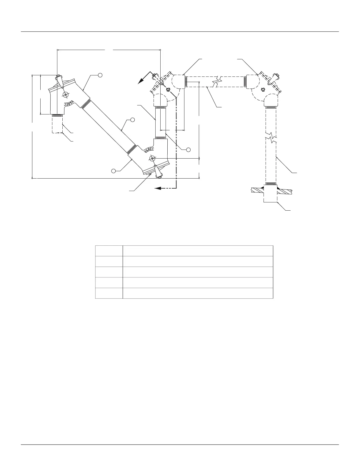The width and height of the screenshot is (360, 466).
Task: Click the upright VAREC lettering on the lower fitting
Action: tap(149, 150)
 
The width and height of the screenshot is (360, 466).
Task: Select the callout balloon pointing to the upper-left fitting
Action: tap(100, 75)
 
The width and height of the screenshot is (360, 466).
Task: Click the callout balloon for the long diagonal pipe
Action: tap(132, 120)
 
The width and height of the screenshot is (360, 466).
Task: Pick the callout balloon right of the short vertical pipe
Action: tap(188, 149)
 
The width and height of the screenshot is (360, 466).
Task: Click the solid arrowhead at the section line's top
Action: tap(142, 80)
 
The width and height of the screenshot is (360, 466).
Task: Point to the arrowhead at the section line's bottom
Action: tap(158, 188)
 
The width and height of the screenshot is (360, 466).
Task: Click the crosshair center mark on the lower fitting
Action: tap(152, 159)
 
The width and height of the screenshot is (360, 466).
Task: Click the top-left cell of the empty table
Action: tap(109, 251)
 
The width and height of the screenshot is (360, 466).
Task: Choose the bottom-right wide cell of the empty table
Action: tap(198, 293)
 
